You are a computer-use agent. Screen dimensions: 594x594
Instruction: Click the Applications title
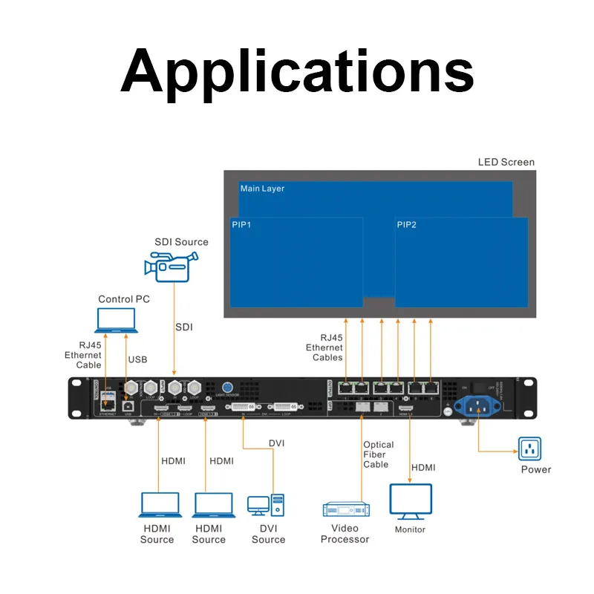point(297,71)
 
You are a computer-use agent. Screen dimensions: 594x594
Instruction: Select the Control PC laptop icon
point(117,319)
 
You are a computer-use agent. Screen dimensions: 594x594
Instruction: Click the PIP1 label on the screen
point(241,224)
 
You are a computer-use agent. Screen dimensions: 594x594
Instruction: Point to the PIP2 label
point(407,224)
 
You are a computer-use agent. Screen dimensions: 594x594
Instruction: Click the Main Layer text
point(262,189)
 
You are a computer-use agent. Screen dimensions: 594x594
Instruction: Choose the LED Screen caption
point(506,162)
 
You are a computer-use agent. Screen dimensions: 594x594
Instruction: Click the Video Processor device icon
point(346,510)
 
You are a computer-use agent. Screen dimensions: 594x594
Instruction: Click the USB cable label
point(137,359)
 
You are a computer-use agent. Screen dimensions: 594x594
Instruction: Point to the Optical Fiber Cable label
point(378,454)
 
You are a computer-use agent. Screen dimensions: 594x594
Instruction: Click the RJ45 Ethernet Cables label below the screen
point(324,347)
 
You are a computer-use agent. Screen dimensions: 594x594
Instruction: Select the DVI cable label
point(276,443)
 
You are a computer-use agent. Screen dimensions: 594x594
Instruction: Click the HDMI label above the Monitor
point(423,468)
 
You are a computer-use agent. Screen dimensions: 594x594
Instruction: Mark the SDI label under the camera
point(183,327)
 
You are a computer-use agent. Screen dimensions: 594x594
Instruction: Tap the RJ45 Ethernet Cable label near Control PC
point(82,355)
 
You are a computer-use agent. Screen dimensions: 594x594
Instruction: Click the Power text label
point(536,469)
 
